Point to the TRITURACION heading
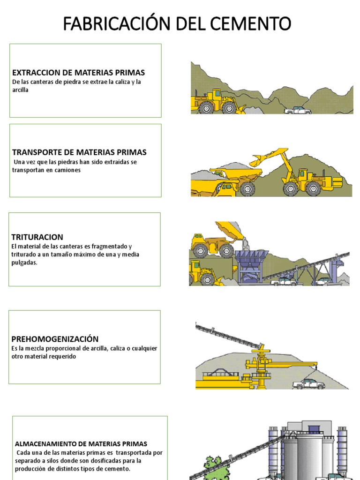tap(37, 237)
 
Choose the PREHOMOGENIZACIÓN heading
tap(55, 339)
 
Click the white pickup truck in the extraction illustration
tap(298, 110)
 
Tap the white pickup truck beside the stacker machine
tap(308, 383)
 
